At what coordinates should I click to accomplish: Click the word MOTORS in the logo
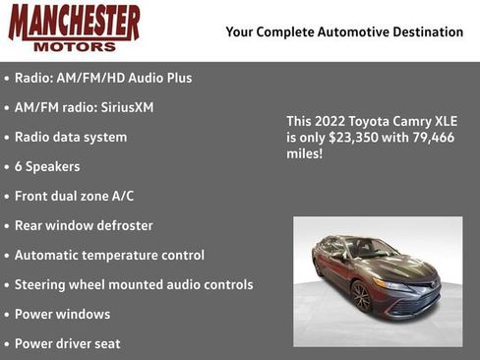click(75, 45)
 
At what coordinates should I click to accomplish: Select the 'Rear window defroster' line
click(84, 225)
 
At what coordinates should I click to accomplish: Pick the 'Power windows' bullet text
click(62, 314)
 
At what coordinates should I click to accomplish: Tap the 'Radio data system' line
click(71, 137)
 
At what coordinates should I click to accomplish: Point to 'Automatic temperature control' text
click(109, 255)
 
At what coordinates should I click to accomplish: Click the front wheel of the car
click(361, 296)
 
